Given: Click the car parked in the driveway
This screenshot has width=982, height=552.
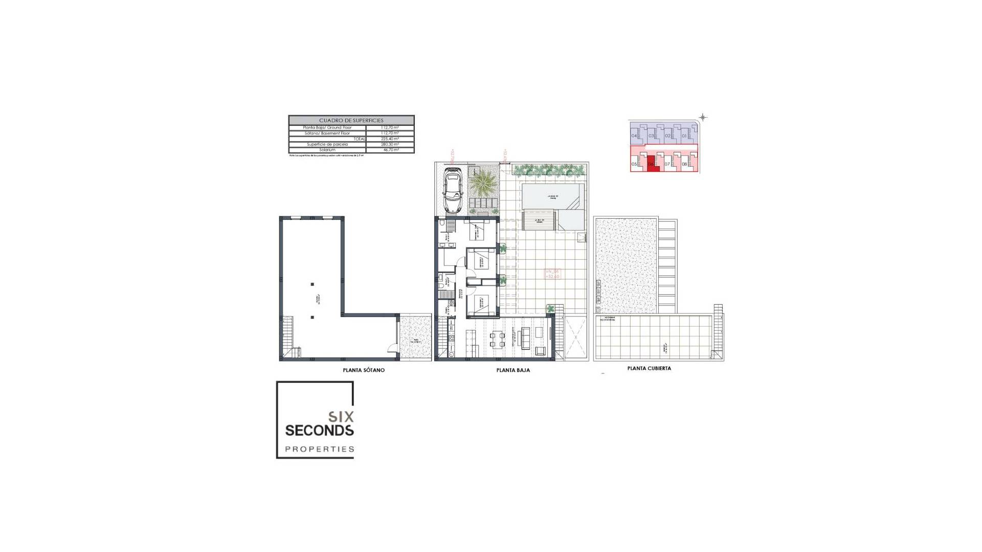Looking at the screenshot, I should tap(453, 190).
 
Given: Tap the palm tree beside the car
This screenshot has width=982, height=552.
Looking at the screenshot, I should tap(482, 182).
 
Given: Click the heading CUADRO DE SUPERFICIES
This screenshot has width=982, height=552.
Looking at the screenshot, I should tap(351, 121).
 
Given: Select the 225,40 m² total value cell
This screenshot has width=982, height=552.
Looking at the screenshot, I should tap(390, 139).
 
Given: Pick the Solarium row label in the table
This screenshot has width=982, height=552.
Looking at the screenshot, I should tap(327, 150).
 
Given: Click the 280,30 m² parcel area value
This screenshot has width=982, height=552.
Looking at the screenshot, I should tap(390, 144).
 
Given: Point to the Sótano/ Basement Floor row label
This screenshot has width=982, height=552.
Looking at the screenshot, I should tap(327, 133).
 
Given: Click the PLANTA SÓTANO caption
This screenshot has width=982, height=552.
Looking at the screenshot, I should tap(364, 370).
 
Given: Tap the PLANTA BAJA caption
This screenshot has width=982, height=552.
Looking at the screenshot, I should tap(513, 370).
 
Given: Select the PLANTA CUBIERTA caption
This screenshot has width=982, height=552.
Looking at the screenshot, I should tap(649, 368).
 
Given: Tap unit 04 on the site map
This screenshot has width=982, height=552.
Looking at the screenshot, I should tap(634, 136).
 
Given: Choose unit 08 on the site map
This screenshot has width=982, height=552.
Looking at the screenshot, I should tap(684, 165).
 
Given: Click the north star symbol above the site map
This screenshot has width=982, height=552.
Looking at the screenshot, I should tap(703, 118).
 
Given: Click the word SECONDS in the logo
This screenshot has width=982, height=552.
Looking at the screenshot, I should tap(319, 430).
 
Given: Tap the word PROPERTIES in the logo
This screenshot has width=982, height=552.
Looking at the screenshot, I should tap(319, 449).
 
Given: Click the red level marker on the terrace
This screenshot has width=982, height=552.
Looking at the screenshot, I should tap(552, 274).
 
